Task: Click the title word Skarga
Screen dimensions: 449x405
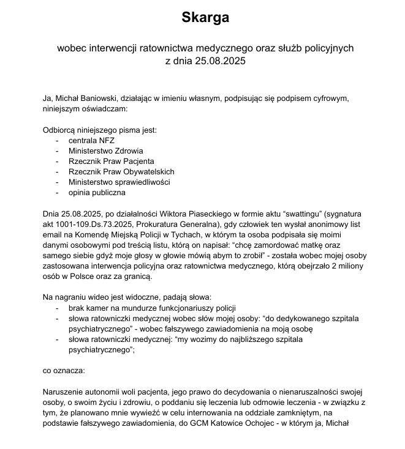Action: [205, 18]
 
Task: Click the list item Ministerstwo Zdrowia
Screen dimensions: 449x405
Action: [106, 150]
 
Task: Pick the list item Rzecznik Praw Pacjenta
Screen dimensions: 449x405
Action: [111, 161]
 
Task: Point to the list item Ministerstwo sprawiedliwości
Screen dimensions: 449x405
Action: [119, 182]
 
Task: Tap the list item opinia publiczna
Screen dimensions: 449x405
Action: [97, 193]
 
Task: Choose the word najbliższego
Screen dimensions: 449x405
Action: [245, 340]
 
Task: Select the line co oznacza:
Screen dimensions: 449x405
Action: [63, 371]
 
